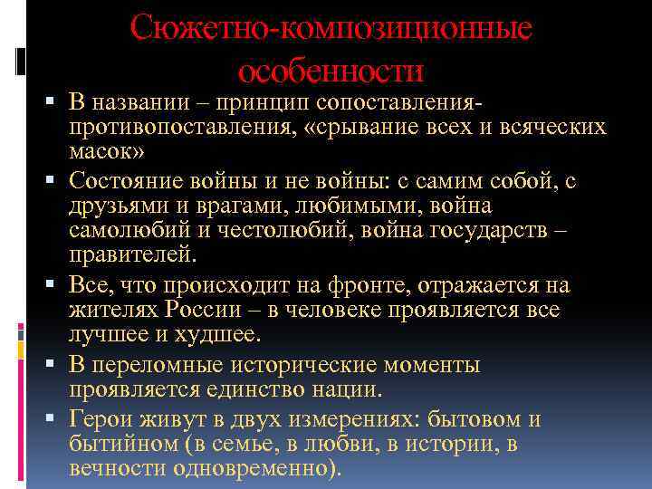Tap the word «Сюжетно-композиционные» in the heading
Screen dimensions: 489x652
[331, 28]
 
